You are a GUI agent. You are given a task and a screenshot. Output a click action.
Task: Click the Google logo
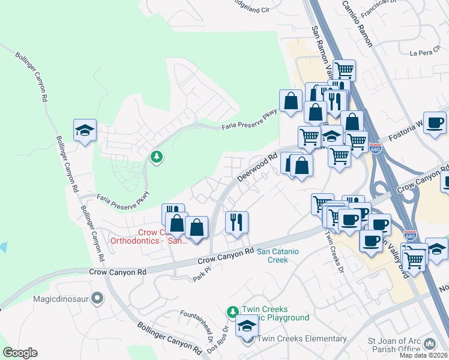coord(20,353)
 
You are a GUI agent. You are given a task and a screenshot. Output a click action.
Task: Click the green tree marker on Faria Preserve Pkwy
coord(157,157)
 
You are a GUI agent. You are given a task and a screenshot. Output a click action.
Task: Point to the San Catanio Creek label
coord(282,256)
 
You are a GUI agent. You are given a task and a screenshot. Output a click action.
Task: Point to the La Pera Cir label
coord(424,53)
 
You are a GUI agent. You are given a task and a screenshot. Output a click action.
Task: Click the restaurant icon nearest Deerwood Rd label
coord(237,222)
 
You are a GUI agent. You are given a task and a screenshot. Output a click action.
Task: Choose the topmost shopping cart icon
coord(344,70)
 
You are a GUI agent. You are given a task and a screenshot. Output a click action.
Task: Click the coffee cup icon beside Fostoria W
coord(435,122)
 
